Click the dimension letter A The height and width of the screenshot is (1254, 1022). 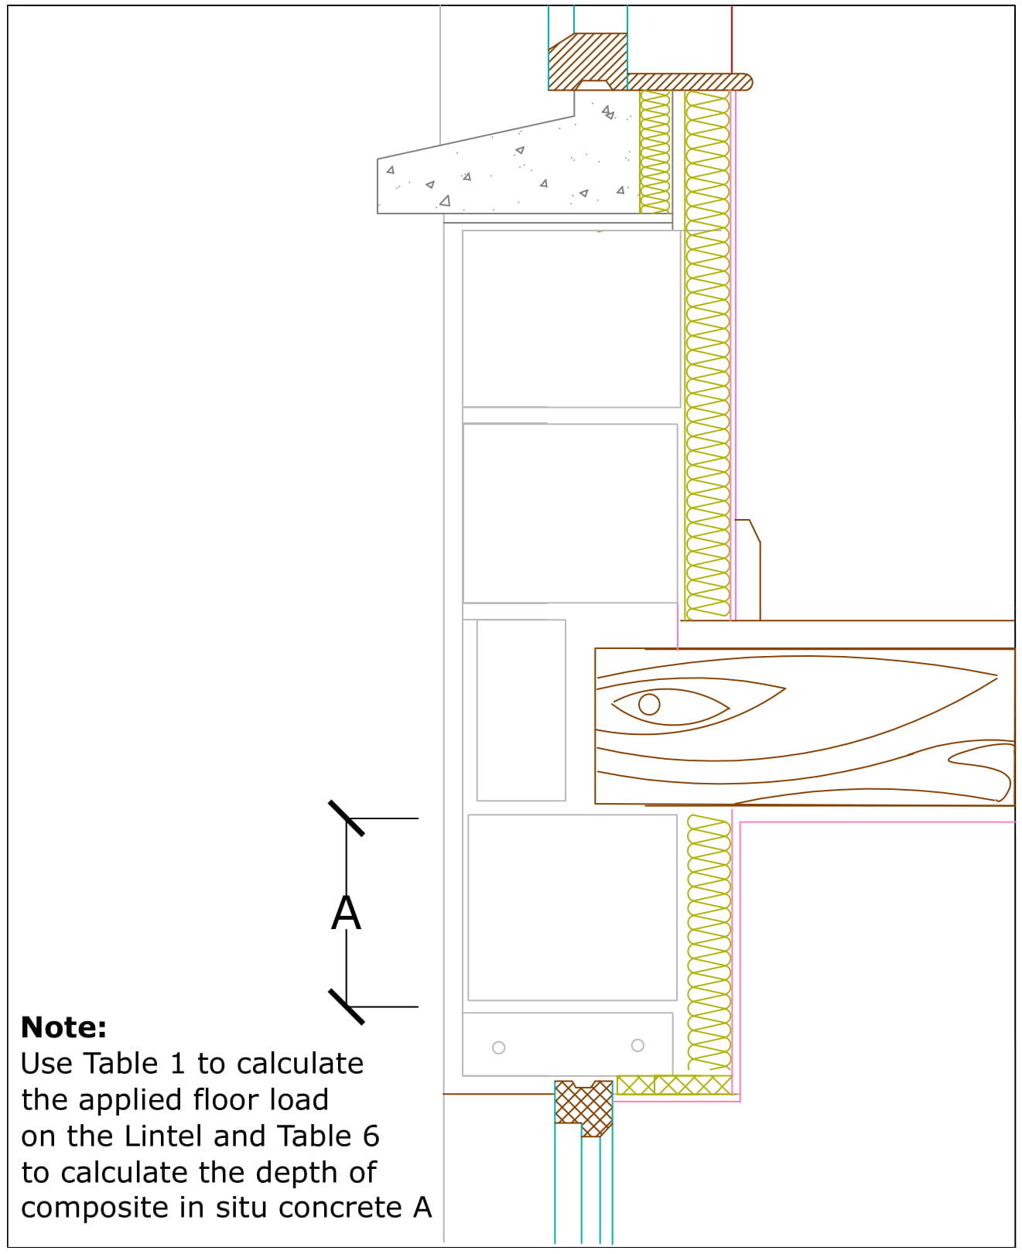346,913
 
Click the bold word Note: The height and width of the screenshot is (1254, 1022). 63,1027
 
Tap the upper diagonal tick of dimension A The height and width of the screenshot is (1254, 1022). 346,818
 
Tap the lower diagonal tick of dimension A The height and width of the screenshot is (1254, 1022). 346,1006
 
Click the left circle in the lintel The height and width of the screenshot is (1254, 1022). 499,1047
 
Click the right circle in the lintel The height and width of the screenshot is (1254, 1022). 637,1045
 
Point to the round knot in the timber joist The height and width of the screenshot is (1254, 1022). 649,704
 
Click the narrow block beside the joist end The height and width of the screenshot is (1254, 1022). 521,709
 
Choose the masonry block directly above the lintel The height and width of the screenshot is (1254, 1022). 572,907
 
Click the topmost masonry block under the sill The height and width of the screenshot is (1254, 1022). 571,318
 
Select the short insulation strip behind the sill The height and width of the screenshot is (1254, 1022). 655,152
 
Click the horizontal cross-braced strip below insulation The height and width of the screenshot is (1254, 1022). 674,1085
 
